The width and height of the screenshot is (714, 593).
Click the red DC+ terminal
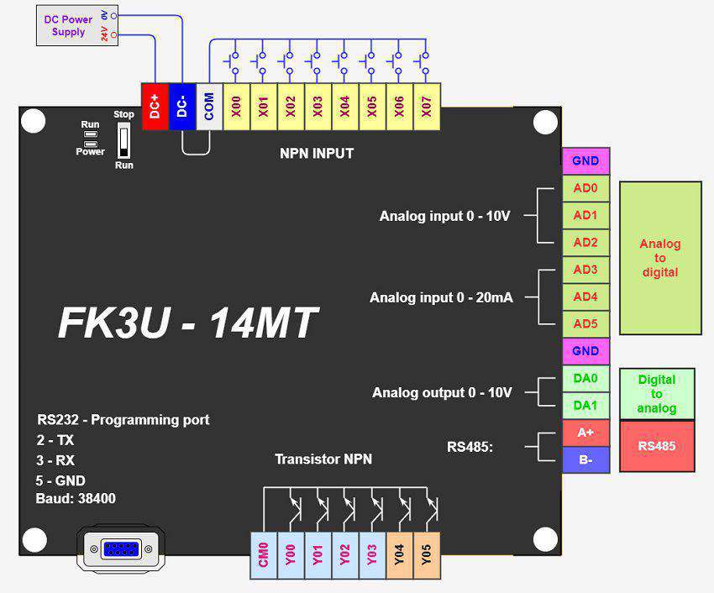click(155, 107)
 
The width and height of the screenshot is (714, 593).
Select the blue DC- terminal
click(181, 107)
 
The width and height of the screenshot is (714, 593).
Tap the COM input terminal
click(209, 107)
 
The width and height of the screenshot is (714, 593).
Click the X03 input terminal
click(318, 107)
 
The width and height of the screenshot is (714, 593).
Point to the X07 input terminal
click(426, 107)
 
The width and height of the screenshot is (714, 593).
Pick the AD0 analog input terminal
click(585, 188)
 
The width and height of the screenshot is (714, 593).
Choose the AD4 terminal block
click(585, 296)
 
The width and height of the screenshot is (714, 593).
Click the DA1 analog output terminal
click(585, 406)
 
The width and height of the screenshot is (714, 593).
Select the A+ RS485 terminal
click(585, 433)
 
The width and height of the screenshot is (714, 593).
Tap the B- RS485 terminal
click(585, 459)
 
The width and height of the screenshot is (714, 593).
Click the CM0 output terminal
click(264, 555)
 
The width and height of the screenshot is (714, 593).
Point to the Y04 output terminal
click(399, 555)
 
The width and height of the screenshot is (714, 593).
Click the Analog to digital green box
click(660, 258)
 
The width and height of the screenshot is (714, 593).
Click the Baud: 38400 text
click(76, 499)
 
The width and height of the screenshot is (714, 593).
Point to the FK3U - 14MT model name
click(188, 323)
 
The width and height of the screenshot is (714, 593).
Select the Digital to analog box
click(657, 393)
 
